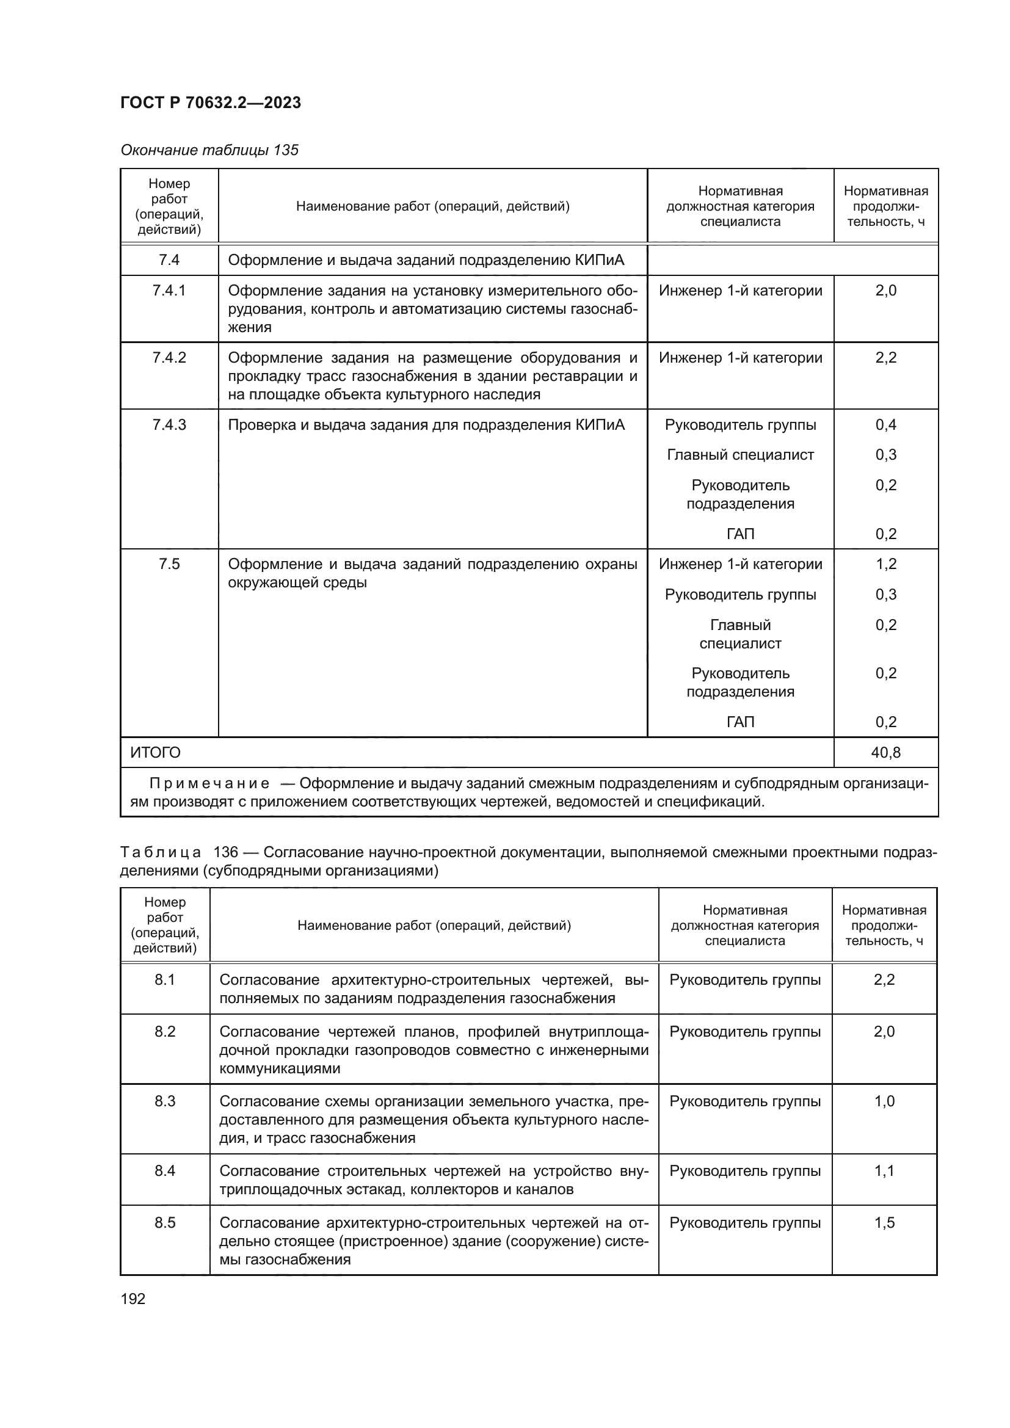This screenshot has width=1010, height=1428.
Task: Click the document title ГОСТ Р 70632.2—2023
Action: [x=210, y=103]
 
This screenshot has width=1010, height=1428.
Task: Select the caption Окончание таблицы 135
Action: [x=209, y=150]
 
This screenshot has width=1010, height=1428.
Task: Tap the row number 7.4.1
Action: [x=169, y=291]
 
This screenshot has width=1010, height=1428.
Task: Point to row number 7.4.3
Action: [x=169, y=425]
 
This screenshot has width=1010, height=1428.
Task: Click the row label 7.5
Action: [x=169, y=564]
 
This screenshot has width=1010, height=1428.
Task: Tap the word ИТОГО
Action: [x=156, y=753]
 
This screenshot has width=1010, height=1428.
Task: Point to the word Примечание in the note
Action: [x=209, y=784]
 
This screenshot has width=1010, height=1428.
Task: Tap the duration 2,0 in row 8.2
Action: [x=884, y=1032]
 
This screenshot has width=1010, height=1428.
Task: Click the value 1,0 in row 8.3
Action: [x=884, y=1101]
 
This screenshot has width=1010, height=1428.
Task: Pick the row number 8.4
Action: [x=165, y=1171]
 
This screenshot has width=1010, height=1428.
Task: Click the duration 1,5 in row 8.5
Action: [x=884, y=1223]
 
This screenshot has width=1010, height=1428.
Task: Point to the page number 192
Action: [x=133, y=1299]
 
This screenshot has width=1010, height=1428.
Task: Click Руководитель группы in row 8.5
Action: [x=744, y=1223]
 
